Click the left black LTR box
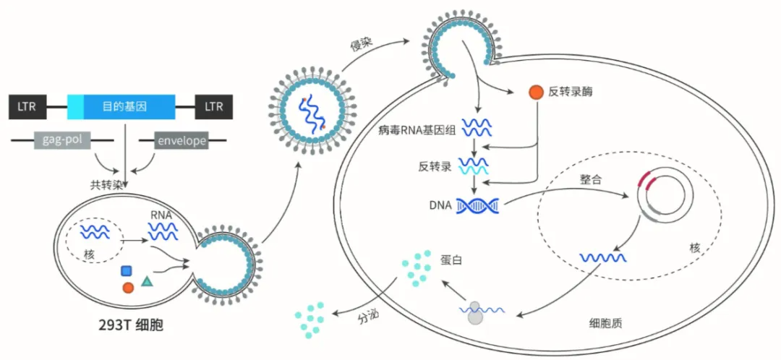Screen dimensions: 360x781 coord(28,107)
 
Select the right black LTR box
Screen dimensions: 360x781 coord(214,107)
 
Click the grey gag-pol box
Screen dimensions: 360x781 coord(62,140)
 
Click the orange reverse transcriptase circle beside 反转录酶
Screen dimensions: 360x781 coord(536,93)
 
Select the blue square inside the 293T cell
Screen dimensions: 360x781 coord(127,271)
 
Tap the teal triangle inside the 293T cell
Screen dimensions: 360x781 coord(148,280)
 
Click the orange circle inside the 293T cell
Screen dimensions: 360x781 coord(128,288)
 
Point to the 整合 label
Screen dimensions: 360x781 coord(591,179)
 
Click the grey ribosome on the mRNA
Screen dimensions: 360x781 coord(474,312)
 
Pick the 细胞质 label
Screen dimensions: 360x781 coord(606,322)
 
